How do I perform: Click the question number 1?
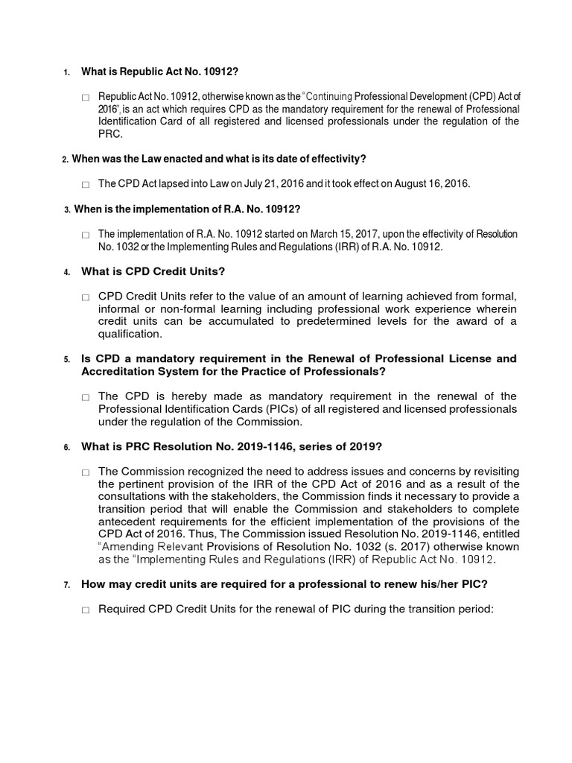(x=66, y=72)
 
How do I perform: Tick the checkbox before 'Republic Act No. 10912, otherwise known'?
(x=86, y=98)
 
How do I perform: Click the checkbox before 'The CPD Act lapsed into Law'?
(x=86, y=184)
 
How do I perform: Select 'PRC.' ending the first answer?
(x=111, y=134)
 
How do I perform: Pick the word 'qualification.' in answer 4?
(x=130, y=335)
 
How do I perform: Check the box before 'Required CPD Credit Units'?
(x=86, y=610)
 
